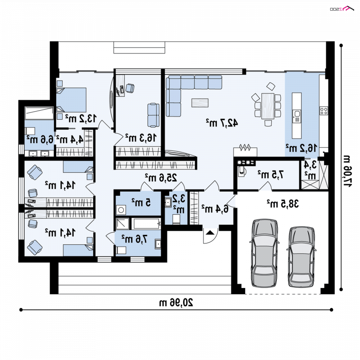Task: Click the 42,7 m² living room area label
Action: click(222, 123)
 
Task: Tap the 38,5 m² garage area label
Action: click(283, 203)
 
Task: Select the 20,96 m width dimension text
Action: click(176, 302)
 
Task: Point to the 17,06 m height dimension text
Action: click(347, 171)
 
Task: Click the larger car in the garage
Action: click(264, 253)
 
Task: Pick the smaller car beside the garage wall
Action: click(301, 256)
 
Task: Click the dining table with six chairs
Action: click(268, 106)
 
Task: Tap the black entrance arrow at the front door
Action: click(210, 233)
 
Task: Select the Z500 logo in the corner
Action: click(342, 9)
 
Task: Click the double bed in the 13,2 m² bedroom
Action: click(71, 100)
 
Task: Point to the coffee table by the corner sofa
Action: click(200, 103)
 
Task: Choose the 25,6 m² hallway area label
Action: click(161, 177)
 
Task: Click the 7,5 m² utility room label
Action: click(270, 175)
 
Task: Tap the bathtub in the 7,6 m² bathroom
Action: click(146, 224)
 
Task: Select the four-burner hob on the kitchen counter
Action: click(324, 111)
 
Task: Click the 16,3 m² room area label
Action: click(141, 137)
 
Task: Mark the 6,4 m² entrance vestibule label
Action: click(215, 208)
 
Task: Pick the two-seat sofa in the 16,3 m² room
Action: click(153, 115)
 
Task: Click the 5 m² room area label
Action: click(141, 202)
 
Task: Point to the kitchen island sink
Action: click(297, 114)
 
